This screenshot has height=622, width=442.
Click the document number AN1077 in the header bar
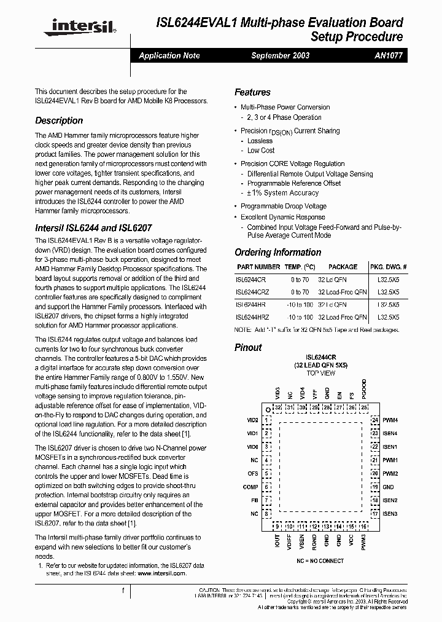point(387,55)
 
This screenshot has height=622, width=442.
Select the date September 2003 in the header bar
point(281,55)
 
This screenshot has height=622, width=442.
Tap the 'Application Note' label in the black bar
point(169,55)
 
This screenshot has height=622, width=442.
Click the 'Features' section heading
point(252,92)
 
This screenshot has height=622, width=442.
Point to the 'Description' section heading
point(59,120)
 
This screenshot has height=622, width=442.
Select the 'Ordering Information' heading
point(277,252)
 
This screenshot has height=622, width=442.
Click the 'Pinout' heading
point(248,347)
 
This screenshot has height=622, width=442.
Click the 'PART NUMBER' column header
point(258,267)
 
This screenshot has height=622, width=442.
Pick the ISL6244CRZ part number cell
point(252,292)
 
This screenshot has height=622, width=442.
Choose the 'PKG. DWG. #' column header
point(388,267)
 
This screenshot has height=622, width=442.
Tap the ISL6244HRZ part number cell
point(252,317)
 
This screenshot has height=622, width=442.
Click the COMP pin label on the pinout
point(250,487)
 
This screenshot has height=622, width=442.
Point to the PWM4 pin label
point(390,420)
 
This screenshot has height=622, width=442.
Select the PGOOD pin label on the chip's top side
point(364,389)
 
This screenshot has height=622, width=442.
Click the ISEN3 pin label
point(390,513)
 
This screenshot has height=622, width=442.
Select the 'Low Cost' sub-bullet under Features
point(261,151)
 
